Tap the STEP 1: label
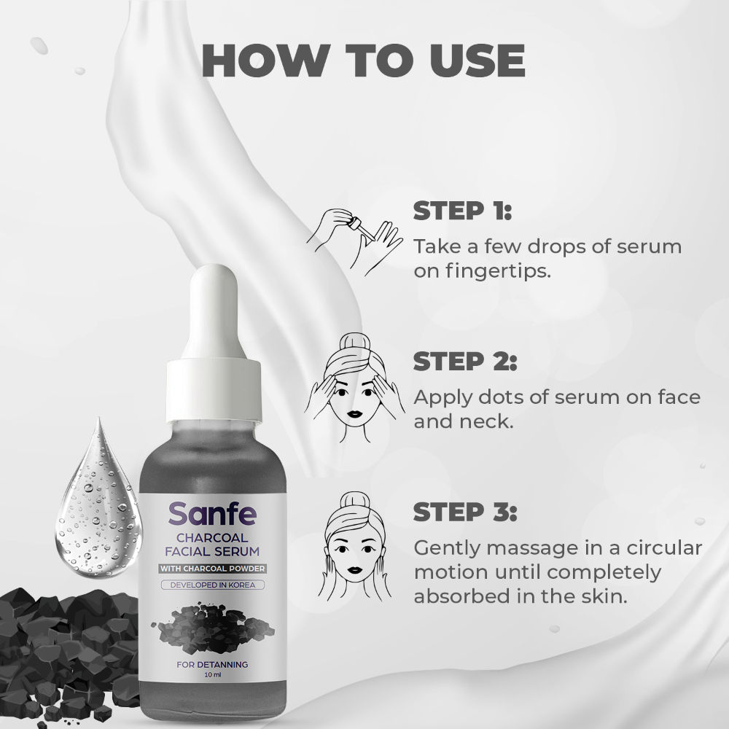463,211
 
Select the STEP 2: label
465,362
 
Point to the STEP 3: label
465,512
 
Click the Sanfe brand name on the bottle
212,515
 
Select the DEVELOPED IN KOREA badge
212,585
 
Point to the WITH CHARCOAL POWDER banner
212,569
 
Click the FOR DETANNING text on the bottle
212,664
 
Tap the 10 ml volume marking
212,677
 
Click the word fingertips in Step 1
496,271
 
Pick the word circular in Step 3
653,547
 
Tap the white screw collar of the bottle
214,405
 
